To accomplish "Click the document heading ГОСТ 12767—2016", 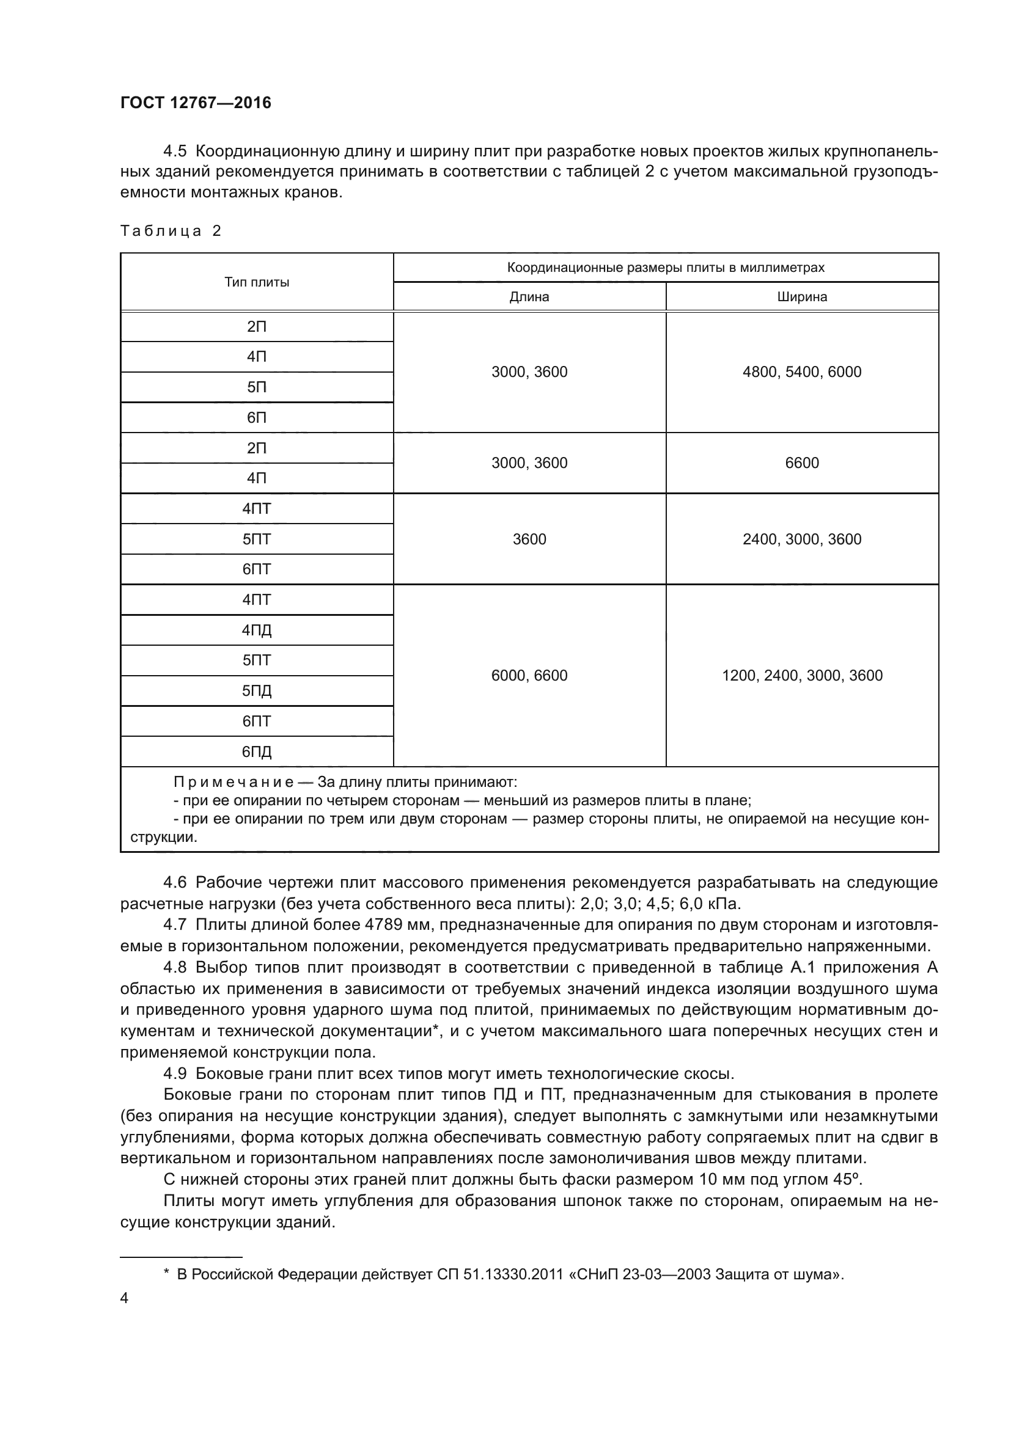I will click(196, 103).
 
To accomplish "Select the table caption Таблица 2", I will click(171, 231).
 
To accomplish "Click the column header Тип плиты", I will click(257, 282).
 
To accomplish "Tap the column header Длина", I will click(529, 297).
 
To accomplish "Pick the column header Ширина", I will click(802, 297).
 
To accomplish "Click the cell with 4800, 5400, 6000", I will click(802, 372).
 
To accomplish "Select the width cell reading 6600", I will click(802, 463).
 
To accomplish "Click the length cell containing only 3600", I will click(529, 539).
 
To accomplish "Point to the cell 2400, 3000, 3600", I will click(802, 539).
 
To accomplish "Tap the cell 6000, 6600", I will click(529, 676).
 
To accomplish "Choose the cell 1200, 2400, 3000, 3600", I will click(802, 676).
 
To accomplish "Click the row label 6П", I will click(257, 418).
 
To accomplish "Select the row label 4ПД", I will click(257, 630).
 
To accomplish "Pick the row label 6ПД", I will click(257, 752).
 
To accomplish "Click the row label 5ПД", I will click(257, 691).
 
